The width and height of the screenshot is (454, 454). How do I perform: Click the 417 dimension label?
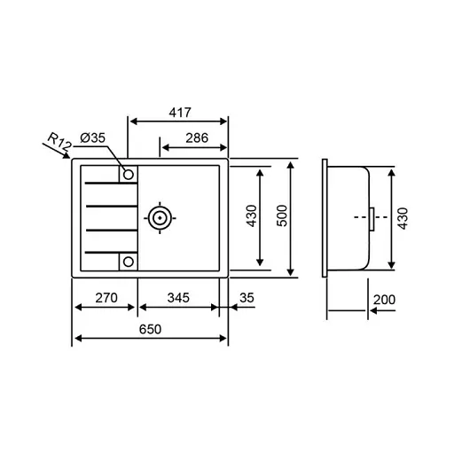[180, 114]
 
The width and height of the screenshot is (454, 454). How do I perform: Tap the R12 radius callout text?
[59, 141]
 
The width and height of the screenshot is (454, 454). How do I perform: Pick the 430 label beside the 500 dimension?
[251, 217]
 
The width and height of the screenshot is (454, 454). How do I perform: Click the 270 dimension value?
[106, 298]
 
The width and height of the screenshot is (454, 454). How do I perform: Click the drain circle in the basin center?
[160, 217]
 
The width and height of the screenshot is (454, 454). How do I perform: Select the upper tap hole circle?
[128, 173]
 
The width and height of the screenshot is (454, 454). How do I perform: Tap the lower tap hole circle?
[128, 261]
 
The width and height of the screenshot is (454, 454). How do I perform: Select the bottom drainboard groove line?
[106, 251]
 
